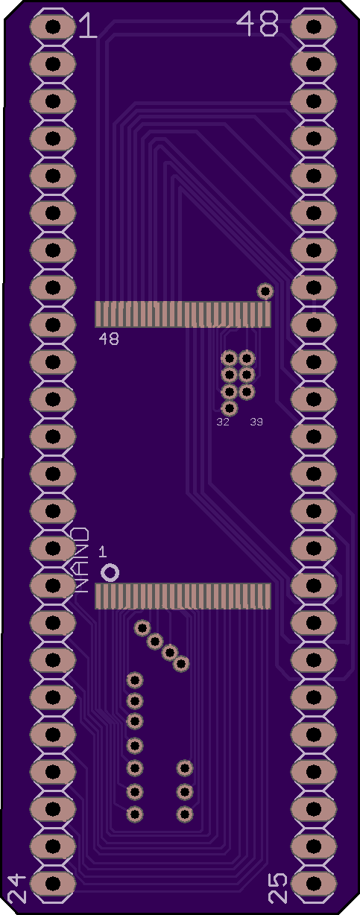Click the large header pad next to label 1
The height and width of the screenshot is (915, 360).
coord(53,27)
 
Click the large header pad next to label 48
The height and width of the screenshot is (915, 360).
coord(314,27)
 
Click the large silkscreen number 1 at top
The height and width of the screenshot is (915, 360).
coord(88,25)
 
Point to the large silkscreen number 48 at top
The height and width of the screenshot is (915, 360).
coord(258,24)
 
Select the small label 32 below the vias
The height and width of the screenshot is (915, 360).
coord(223,422)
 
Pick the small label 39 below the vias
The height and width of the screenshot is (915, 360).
coord(256,422)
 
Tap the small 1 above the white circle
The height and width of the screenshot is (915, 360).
coord(103,552)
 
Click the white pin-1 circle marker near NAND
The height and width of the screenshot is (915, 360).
coord(110,572)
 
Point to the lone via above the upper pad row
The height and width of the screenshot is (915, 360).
coord(265,291)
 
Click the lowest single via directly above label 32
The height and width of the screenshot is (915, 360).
coord(230,408)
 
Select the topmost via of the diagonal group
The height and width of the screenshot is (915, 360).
coord(142,628)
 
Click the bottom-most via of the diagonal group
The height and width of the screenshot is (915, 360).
coord(181,663)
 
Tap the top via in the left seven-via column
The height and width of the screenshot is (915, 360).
coord(134,680)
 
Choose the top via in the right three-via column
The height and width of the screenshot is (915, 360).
coord(185,768)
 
